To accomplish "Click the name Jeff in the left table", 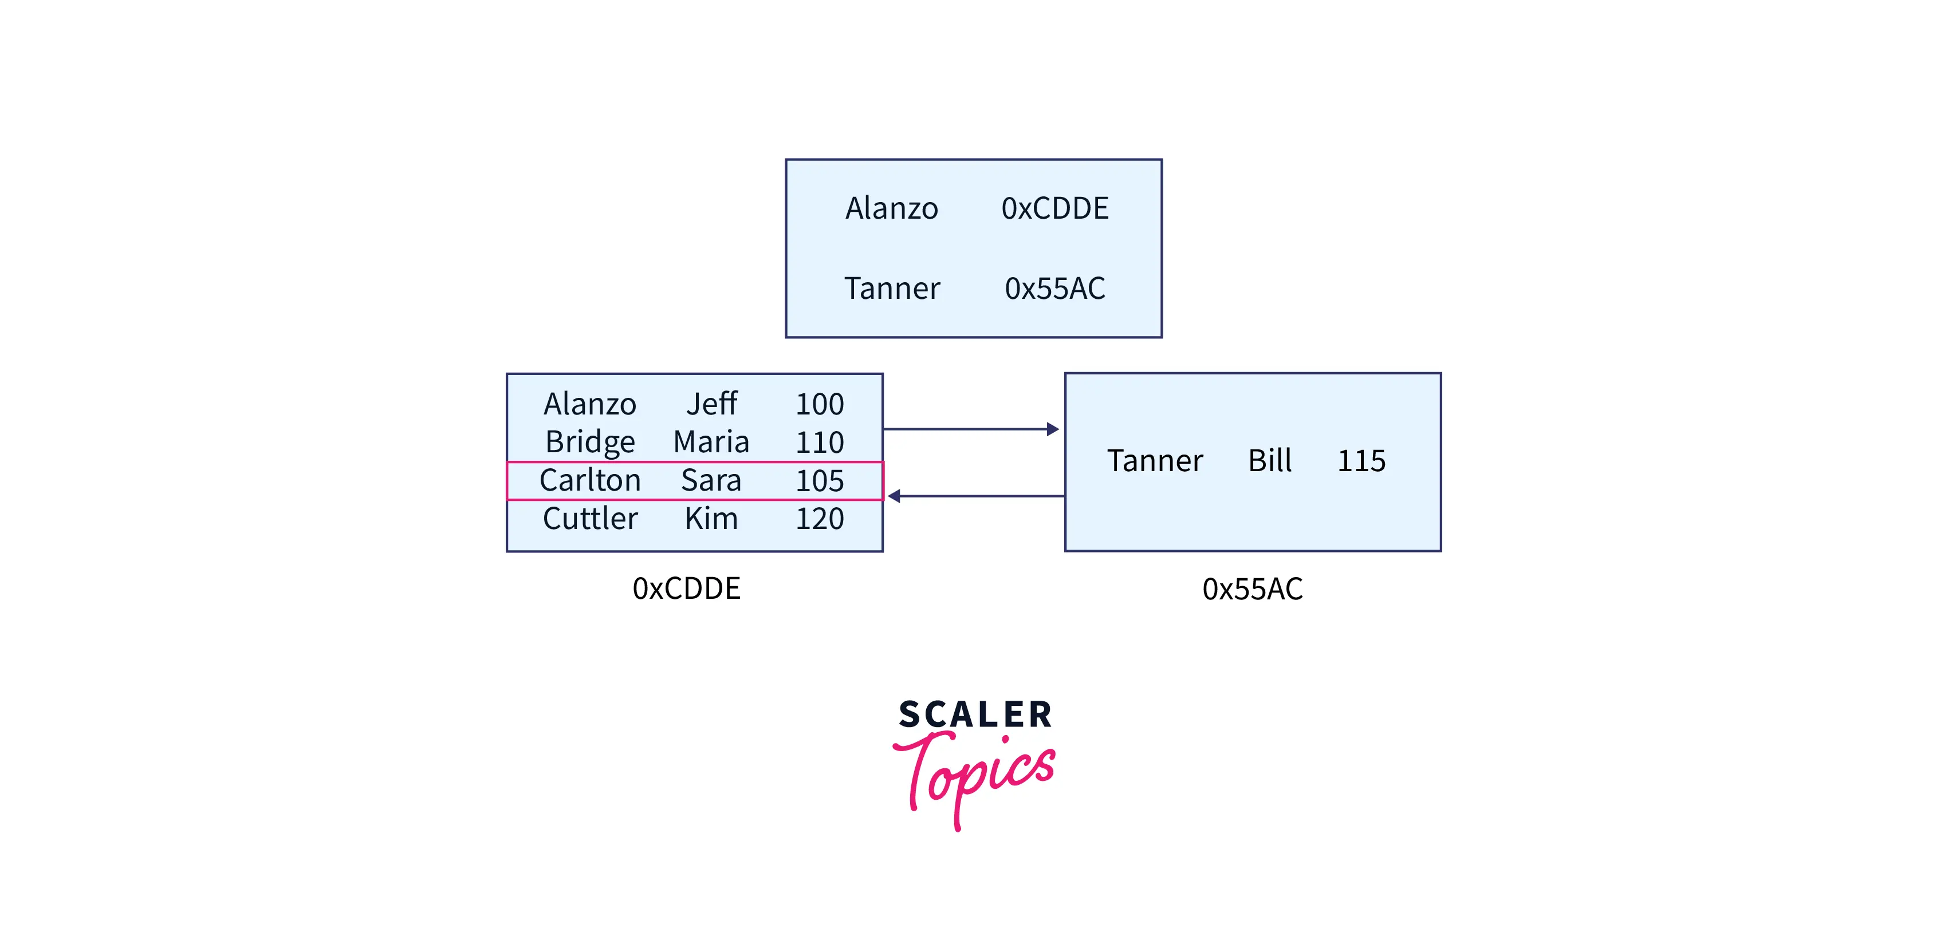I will [711, 404].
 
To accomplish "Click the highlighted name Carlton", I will [590, 481].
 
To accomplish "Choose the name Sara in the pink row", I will [711, 481].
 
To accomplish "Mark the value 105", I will [819, 481].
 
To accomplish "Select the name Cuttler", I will [590, 519].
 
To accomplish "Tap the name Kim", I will [711, 519].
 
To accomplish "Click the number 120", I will [819, 519].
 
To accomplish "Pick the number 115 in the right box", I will [1361, 460].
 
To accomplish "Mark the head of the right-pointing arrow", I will [1053, 429].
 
